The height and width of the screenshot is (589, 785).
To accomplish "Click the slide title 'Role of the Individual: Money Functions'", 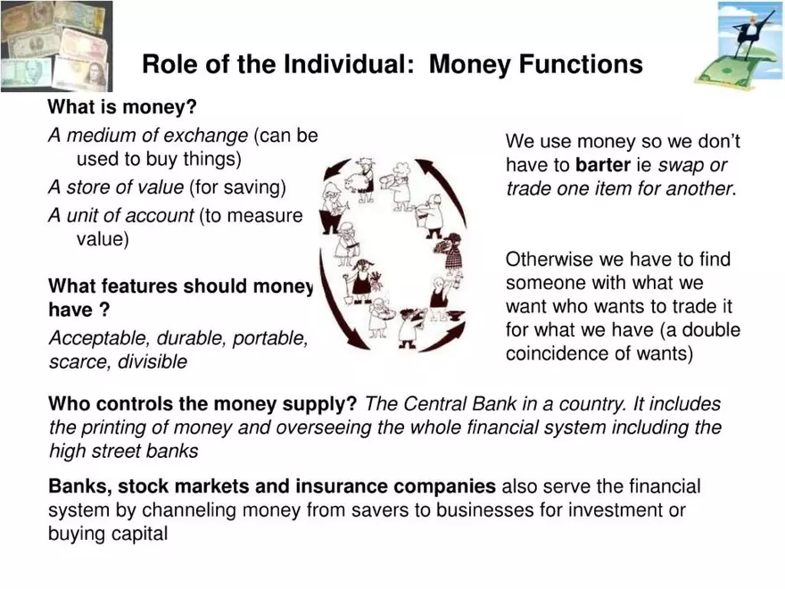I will point(392,65).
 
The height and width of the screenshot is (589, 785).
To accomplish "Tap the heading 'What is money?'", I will point(122,108).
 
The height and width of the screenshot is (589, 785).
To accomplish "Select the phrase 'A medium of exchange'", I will point(148,136).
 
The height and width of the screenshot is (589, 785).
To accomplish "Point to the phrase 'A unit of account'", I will point(121,215).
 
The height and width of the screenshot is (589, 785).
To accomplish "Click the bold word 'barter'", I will point(604,165).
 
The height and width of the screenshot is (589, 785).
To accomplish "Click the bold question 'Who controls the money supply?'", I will point(202,404).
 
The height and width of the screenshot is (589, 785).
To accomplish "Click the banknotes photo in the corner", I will point(55,46).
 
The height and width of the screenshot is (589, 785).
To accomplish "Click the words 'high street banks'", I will point(123,451).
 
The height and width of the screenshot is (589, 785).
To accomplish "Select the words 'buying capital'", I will point(108,534).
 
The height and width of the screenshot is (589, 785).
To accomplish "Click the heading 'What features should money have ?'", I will point(181,298).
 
